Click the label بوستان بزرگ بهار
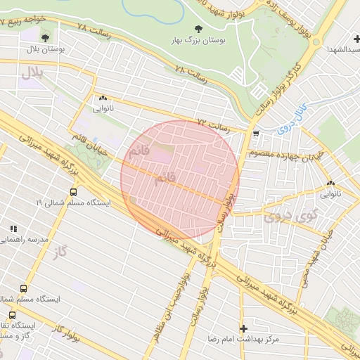coord(196,41)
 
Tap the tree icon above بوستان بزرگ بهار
coord(196,29)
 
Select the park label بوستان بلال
coord(46,51)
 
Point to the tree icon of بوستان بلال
coord(46,37)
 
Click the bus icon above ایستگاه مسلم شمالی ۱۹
coord(74,191)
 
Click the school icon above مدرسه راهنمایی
coord(13,229)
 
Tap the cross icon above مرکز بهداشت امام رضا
coord(243,328)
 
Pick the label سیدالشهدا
coord(342,50)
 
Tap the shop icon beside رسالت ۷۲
coord(255,133)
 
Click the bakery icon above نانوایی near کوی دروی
coord(330,184)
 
